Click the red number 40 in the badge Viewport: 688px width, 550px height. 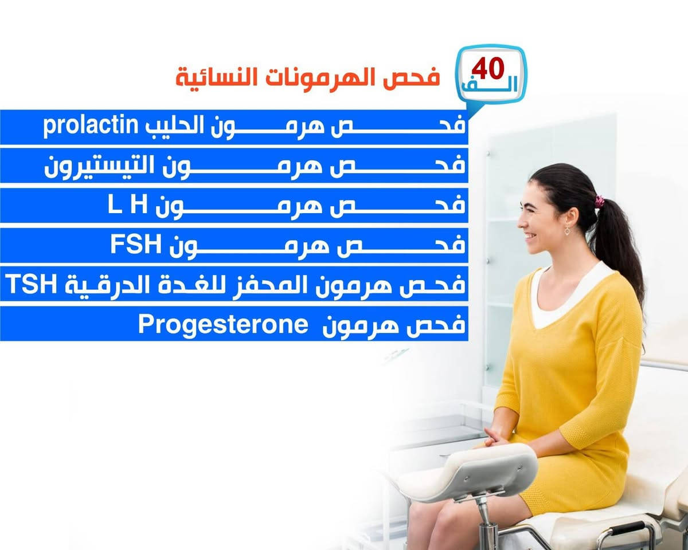click(x=487, y=69)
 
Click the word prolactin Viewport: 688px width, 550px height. click(x=91, y=126)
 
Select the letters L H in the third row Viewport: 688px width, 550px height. click(x=127, y=206)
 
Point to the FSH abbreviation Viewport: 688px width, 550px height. click(x=136, y=245)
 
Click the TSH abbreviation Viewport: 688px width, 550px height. click(x=31, y=284)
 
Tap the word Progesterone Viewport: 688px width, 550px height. click(x=223, y=325)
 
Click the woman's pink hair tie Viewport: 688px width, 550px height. click(x=599, y=201)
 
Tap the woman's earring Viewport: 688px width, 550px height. click(x=567, y=231)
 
